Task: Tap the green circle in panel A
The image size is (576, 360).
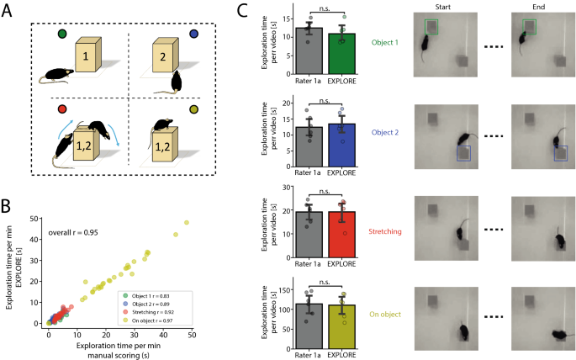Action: (61, 35)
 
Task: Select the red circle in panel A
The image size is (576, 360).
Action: (61, 109)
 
